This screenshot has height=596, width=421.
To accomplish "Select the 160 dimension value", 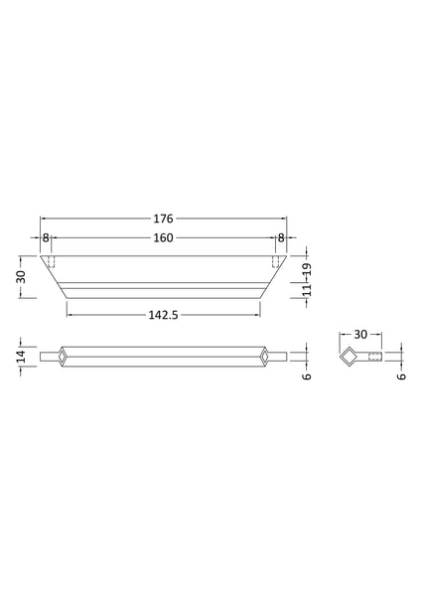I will (x=164, y=238).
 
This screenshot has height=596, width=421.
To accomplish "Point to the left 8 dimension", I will (x=46, y=238).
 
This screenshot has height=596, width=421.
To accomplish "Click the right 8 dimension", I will (x=281, y=238).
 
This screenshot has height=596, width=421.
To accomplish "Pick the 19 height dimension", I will (x=307, y=268).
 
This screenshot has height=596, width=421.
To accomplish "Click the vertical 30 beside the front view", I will (x=21, y=276).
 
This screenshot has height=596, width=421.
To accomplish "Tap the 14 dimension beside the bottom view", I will (x=21, y=357).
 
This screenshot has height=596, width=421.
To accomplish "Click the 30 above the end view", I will (x=359, y=335).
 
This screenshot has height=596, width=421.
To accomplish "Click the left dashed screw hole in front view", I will (x=54, y=261).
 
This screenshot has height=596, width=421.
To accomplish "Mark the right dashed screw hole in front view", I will (x=273, y=261).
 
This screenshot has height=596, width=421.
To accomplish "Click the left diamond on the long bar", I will (x=63, y=357).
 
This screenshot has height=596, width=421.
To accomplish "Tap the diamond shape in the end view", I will (x=350, y=357).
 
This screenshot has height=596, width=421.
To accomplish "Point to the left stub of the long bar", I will (x=48, y=357).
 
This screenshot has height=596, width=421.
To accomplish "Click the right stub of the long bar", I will (x=280, y=357).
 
